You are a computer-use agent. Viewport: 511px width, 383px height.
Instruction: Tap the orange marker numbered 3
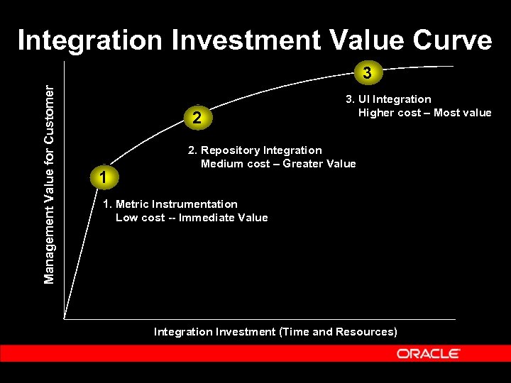pyautogui.click(x=366, y=72)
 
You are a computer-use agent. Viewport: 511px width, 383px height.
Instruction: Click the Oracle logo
pyautogui.click(x=428, y=353)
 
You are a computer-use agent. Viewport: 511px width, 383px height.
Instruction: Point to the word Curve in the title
pyautogui.click(x=451, y=40)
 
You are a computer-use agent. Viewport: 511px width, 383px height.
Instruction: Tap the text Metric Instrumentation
pyautogui.click(x=176, y=204)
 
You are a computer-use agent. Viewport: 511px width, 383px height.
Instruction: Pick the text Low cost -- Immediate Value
pyautogui.click(x=192, y=218)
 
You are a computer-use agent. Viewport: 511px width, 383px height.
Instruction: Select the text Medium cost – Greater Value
pyautogui.click(x=278, y=164)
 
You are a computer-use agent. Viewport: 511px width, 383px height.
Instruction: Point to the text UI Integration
pyautogui.click(x=394, y=99)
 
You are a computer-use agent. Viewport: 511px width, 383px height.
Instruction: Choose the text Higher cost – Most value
pyautogui.click(x=424, y=113)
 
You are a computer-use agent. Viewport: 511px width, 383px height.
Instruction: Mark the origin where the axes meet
pyautogui.click(x=65, y=318)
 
